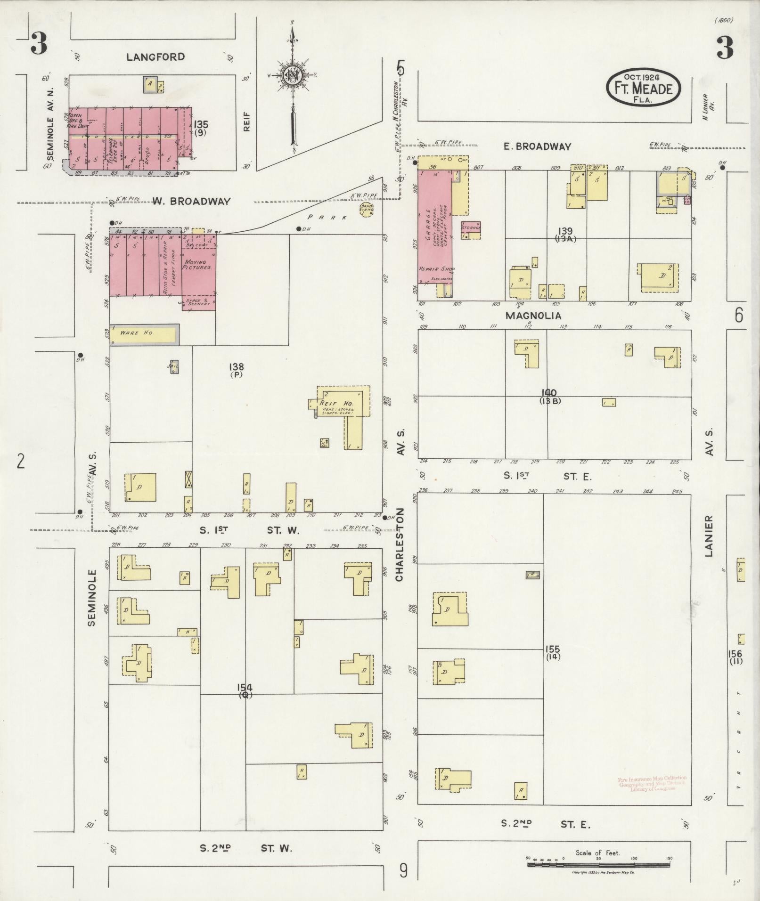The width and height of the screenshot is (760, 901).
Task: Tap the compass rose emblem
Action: pos(292,74)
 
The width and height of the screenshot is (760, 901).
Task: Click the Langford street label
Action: pos(155,57)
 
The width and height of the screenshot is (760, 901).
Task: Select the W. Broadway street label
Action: pos(191,202)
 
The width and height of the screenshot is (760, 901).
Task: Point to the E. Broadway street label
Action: pos(537,147)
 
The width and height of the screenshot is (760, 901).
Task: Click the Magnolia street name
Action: pos(533,316)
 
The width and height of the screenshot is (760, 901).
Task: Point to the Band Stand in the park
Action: pos(366,209)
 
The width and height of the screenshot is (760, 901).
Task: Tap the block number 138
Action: pos(236,366)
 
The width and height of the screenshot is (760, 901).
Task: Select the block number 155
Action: pos(553,649)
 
